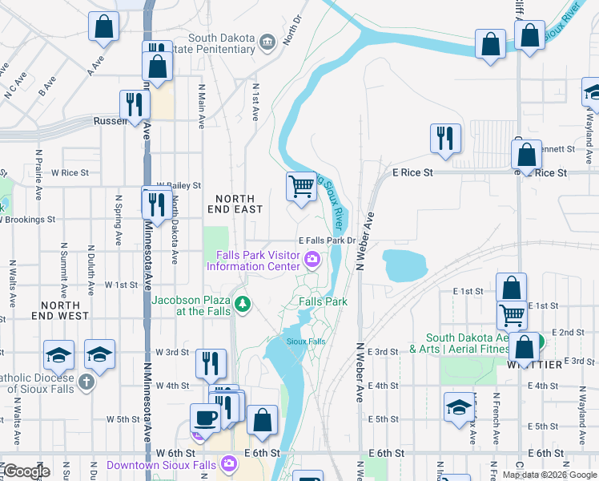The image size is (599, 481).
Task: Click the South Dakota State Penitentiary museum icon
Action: click(x=267, y=40)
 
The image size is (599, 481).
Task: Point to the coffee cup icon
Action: click(x=205, y=418)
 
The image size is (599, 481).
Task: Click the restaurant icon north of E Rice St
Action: click(x=445, y=138)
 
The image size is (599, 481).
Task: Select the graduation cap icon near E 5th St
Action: click(x=459, y=407)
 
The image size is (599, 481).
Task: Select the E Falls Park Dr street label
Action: click(x=326, y=240)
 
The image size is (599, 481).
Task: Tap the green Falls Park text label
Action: click(x=323, y=301)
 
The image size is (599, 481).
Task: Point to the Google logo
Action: click(x=26, y=472)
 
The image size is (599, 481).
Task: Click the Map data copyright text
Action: click(x=549, y=475)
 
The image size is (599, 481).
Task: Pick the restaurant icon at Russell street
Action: click(x=134, y=105)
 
